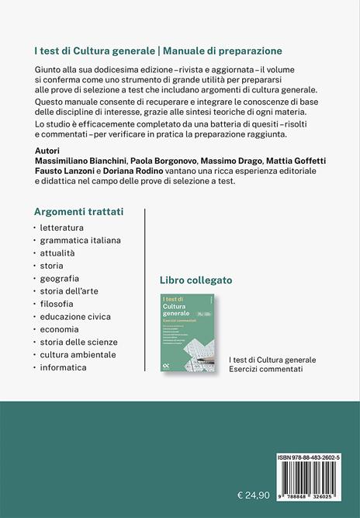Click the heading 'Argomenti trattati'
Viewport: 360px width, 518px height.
pos(79,211)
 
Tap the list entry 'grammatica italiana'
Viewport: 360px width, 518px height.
pos(81,240)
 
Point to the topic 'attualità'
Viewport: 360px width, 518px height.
pos(58,253)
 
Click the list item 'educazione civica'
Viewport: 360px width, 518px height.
pos(76,316)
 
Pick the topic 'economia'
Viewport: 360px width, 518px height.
pos(61,329)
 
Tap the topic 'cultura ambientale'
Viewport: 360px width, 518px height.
pos(78,354)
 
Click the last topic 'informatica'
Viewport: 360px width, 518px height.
pos(64,367)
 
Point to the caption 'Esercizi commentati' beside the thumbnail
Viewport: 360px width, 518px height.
pos(267,369)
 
